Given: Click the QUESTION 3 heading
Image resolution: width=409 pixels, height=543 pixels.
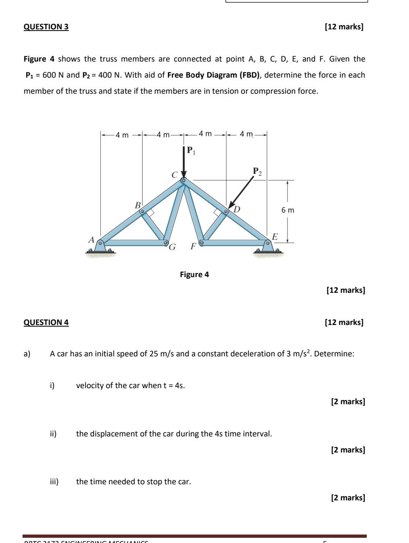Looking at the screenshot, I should tap(46, 27).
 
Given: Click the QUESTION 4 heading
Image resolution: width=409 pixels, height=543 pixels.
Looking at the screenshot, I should tap(46, 322).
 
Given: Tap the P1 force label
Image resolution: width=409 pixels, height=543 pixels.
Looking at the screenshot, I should tap(191, 151).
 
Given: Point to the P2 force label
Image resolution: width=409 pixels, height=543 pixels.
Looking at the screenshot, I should tap(257, 172).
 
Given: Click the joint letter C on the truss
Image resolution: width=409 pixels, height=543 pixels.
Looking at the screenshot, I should tap(174, 175).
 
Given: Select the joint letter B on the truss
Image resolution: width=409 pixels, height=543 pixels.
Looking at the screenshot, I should tap(138, 205).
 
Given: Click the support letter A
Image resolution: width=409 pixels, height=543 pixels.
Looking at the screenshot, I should tap(91, 240).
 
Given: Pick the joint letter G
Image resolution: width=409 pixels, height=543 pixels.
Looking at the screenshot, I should tap(172, 247).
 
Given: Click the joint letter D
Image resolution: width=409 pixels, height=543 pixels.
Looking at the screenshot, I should tap(237, 209).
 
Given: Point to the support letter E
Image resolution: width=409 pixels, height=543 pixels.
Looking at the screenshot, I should tap(275, 237).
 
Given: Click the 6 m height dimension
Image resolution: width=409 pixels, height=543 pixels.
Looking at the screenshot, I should tap(287, 210).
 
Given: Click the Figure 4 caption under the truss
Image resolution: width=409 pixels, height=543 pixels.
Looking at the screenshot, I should tap(194, 275).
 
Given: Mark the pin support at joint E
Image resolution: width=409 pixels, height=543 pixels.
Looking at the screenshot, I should tap(268, 247).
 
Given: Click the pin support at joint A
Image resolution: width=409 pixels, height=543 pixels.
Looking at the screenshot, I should tap(101, 247).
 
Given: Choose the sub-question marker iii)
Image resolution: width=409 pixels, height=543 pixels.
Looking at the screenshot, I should tap(54, 482).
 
